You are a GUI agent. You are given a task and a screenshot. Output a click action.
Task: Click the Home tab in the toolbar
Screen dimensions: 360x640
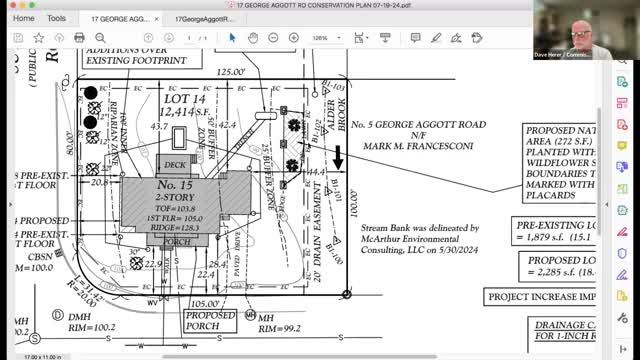(x=23, y=18)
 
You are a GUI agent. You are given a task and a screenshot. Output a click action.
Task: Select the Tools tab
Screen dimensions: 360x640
(x=56, y=18)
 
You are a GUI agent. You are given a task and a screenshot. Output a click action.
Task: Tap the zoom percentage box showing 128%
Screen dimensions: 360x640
(x=321, y=38)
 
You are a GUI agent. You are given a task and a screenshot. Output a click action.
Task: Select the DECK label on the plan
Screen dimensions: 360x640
(x=175, y=164)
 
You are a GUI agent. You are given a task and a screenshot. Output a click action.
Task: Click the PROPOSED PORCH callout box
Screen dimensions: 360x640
(x=209, y=320)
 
